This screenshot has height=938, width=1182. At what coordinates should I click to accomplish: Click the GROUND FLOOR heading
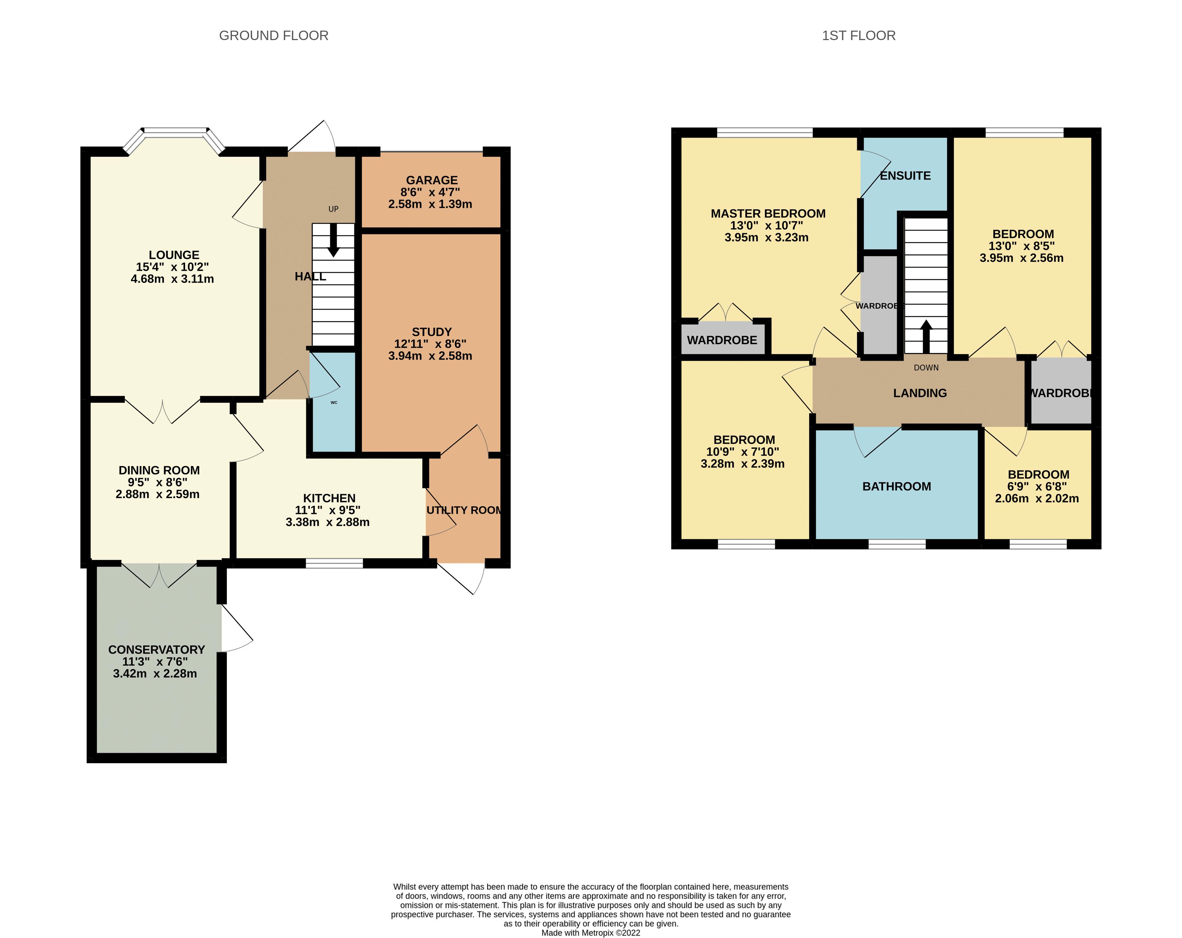point(274,36)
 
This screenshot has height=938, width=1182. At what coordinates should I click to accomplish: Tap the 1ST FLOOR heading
point(858,36)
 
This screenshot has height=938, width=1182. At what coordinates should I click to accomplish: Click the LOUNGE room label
point(174,255)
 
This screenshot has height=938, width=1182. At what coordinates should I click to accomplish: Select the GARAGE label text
point(431,180)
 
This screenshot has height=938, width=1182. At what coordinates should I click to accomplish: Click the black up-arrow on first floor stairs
point(926,335)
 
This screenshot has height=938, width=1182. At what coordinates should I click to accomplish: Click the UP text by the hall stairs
point(333,209)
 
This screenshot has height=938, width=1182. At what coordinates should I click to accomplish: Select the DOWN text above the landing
point(926,368)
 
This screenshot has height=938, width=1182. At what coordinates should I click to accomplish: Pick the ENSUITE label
point(905,176)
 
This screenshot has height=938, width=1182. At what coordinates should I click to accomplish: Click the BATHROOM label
point(897,487)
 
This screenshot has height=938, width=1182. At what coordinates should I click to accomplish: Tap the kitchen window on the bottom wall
point(334,563)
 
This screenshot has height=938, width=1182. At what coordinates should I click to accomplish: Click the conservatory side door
point(236,630)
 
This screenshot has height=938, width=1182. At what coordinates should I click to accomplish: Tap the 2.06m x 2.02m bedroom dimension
point(1037,498)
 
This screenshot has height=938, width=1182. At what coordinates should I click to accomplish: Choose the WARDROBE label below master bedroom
point(722,340)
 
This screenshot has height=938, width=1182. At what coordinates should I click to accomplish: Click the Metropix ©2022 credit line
point(590,933)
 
